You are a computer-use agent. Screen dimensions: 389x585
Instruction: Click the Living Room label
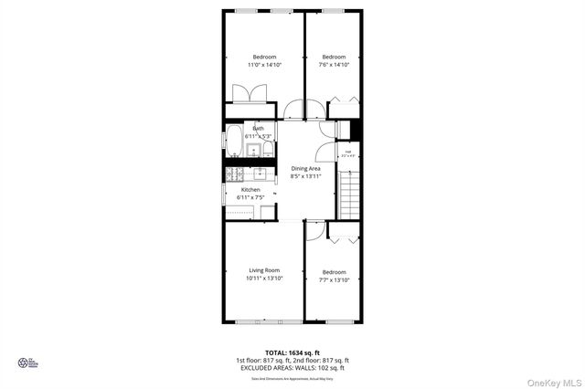(x=264, y=270)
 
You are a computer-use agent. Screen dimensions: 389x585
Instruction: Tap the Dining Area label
(x=306, y=169)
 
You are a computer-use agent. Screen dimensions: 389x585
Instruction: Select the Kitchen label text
(x=250, y=190)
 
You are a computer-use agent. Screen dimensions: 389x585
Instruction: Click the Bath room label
(x=259, y=129)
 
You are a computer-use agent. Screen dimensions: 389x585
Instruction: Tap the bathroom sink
(x=254, y=149)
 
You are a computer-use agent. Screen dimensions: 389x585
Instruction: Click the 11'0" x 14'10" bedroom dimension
(x=264, y=65)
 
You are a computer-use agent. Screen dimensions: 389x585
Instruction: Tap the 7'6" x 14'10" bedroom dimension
(x=334, y=65)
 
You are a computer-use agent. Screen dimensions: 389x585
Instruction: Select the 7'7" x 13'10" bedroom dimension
(x=334, y=279)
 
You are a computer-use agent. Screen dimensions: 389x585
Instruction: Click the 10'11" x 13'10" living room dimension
(x=264, y=279)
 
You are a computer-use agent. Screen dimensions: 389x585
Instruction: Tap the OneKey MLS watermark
(x=552, y=381)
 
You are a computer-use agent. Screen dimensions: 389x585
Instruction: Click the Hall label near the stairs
(x=347, y=152)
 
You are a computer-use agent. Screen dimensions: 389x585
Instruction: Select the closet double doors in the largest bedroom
(x=250, y=95)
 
